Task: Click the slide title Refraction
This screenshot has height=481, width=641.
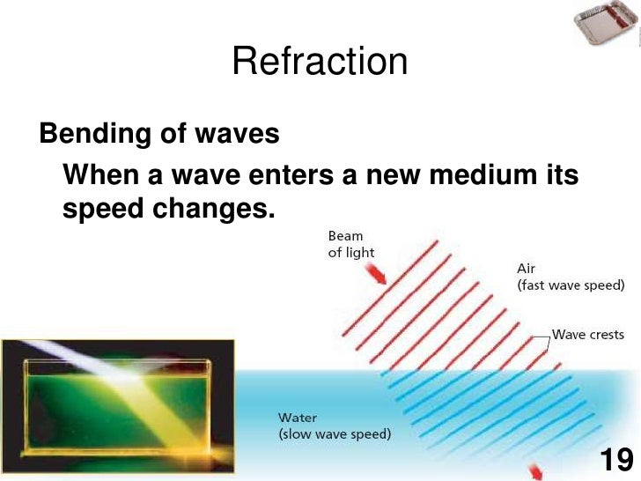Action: coord(320,63)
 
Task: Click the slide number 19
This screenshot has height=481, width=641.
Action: coord(615,460)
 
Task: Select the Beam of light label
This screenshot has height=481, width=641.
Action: coord(350,244)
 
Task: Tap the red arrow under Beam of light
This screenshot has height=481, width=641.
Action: coord(378,275)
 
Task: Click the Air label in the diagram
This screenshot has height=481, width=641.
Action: coord(526,268)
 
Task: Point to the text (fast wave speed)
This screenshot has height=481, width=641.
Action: coord(571,285)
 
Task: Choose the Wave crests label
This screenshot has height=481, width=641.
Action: coord(587,335)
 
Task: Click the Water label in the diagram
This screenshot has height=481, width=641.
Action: coord(298,418)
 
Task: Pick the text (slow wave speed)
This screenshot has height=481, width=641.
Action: coord(334,433)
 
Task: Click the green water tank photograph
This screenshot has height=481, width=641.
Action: coord(109,405)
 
